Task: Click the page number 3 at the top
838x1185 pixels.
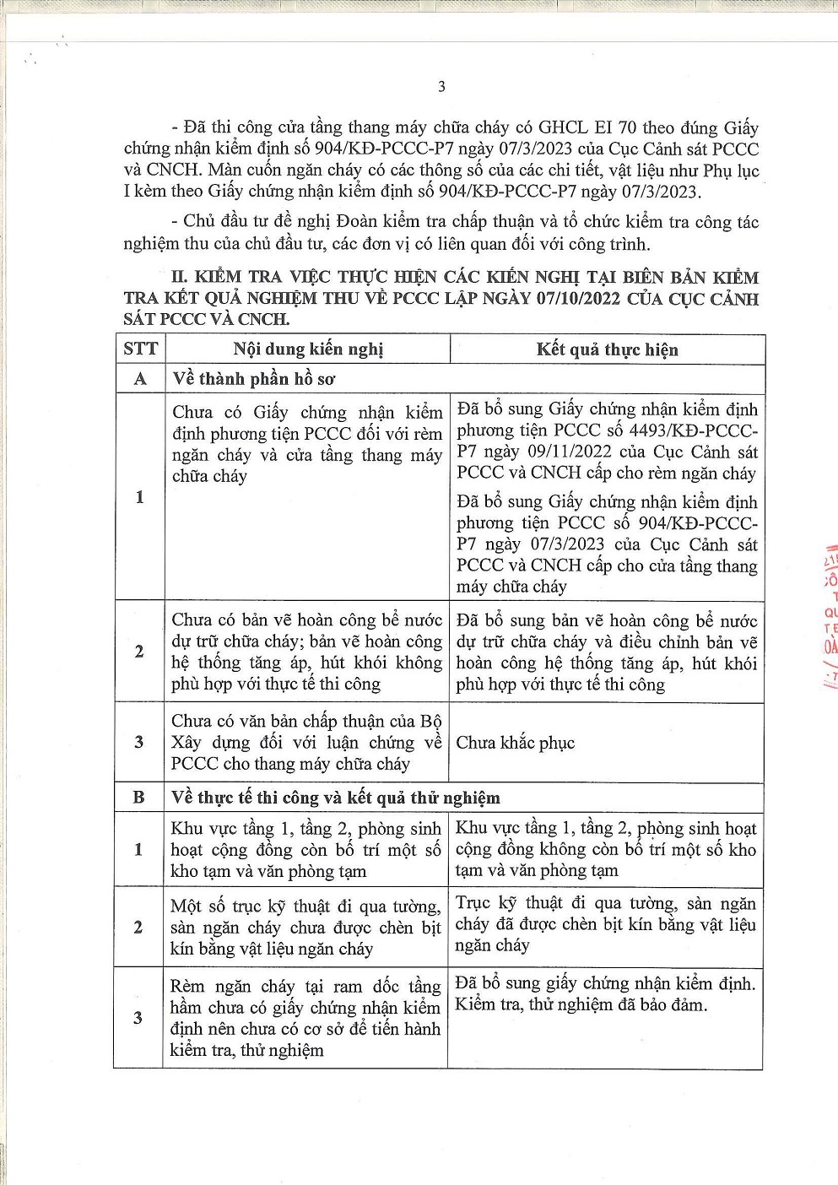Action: point(441,86)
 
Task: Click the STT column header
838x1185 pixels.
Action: point(140,349)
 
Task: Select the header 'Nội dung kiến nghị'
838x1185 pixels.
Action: point(308,349)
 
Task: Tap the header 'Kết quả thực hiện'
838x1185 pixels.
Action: point(607,349)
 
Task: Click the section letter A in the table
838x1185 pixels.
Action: point(140,379)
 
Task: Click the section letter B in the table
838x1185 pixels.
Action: point(138,798)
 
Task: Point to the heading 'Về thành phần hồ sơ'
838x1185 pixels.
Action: point(253,379)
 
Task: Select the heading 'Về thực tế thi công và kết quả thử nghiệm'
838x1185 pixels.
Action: point(335,798)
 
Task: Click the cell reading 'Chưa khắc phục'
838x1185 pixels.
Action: point(515,743)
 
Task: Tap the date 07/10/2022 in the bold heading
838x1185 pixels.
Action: point(579,299)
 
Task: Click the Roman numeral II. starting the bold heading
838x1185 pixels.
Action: point(179,277)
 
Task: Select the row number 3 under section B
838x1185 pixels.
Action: point(138,1017)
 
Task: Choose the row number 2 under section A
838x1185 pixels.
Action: point(139,651)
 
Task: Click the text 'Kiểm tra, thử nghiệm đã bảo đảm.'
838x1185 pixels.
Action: point(581,1004)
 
